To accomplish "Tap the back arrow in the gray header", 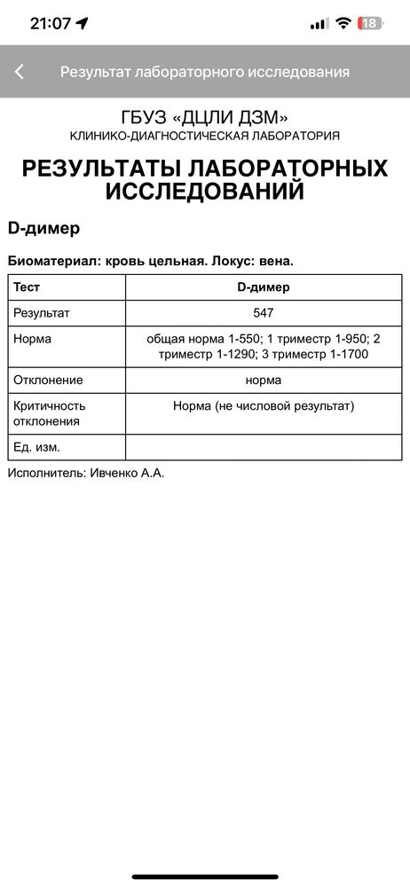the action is [x=20, y=72].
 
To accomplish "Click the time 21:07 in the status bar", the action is [x=50, y=24].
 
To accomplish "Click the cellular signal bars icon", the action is [x=319, y=24].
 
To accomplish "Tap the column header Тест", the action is [x=27, y=287].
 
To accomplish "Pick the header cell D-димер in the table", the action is [x=263, y=287].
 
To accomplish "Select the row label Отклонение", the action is [x=48, y=380].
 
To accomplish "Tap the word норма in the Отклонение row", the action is [x=264, y=380].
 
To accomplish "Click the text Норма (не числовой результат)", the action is [x=264, y=405].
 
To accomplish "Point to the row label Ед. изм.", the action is [x=36, y=447].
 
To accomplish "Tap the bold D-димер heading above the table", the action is [x=43, y=228].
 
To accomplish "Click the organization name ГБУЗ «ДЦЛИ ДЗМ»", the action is [x=205, y=117].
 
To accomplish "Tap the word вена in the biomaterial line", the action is [x=272, y=261].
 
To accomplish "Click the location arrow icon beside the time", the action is [x=83, y=24].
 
